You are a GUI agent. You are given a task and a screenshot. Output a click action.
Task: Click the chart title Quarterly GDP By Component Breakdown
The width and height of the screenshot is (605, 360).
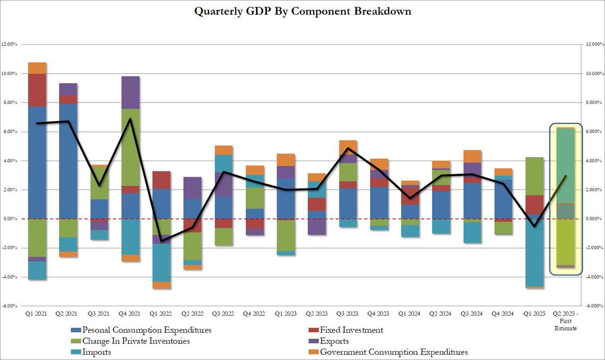[x=302, y=11]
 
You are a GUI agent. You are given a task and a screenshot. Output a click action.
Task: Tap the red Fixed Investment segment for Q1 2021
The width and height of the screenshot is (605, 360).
[x=37, y=90]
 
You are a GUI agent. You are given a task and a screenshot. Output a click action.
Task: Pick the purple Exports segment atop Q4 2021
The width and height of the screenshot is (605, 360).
[x=130, y=93]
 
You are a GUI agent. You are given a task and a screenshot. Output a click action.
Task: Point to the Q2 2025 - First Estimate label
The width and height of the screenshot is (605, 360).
[x=565, y=321]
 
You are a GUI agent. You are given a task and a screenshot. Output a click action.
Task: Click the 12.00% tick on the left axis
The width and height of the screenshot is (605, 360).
[x=10, y=44]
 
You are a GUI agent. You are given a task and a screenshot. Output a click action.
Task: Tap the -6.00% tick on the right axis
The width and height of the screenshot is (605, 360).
[x=594, y=306]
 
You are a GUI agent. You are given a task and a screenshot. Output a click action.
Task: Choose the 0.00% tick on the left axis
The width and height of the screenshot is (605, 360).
[x=11, y=219]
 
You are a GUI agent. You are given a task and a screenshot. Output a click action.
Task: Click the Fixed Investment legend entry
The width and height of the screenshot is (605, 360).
[x=351, y=330]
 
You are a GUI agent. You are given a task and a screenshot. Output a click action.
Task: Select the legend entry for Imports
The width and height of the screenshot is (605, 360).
[x=96, y=352]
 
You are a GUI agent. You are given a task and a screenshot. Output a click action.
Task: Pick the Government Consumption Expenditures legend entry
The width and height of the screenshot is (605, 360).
[x=394, y=352]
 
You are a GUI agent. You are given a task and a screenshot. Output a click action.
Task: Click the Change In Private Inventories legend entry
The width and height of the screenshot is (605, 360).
[x=136, y=341]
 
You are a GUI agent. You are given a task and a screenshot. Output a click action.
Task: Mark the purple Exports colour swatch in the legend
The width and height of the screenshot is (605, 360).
[x=313, y=341]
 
